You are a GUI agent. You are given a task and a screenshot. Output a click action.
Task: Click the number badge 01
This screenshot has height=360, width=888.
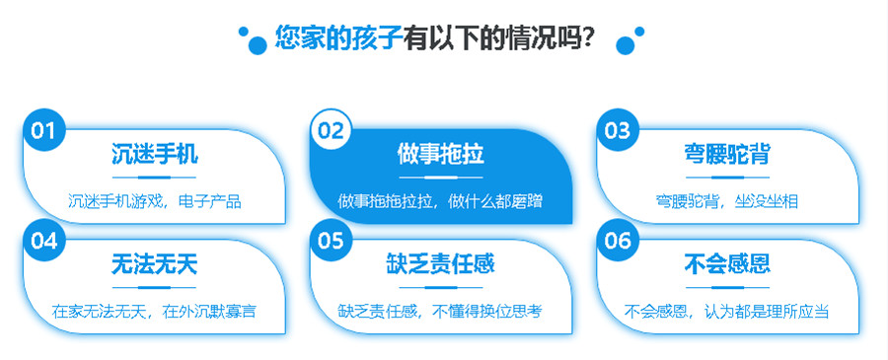(42, 130)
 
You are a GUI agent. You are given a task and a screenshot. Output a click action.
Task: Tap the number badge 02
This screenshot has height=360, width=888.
(331, 130)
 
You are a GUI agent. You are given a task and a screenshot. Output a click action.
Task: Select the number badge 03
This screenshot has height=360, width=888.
(618, 130)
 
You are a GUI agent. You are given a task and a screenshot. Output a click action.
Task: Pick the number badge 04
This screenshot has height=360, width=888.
(42, 240)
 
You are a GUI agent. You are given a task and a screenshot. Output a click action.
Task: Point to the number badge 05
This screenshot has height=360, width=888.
(331, 240)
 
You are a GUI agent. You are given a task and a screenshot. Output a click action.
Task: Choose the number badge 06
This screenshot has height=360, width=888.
(618, 240)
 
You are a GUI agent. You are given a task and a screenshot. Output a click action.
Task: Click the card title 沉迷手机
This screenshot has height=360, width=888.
(154, 155)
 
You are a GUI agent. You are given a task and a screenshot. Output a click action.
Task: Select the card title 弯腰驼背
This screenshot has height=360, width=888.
(727, 155)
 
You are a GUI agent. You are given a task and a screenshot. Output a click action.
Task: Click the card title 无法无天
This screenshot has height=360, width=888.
(154, 264)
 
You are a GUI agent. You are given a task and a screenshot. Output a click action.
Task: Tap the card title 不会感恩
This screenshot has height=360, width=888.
(727, 264)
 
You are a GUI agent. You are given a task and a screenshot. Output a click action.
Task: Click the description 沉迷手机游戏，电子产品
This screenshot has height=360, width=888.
(154, 201)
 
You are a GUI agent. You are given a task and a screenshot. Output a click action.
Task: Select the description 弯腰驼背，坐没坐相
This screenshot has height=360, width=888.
(727, 201)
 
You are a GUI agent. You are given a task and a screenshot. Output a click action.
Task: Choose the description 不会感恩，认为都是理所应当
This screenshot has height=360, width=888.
(727, 312)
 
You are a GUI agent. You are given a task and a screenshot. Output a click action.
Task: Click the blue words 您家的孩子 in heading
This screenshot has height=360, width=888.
(337, 39)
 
